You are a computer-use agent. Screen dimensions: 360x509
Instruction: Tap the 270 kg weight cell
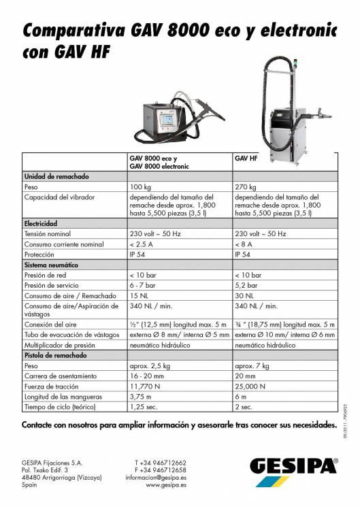tap(245, 186)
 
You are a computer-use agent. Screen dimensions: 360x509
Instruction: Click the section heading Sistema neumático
tap(51, 264)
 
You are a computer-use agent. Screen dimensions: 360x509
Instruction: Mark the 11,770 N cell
tap(145, 387)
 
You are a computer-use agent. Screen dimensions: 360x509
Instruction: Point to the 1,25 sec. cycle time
tap(144, 408)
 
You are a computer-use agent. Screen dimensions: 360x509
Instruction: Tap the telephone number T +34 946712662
tap(161, 462)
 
